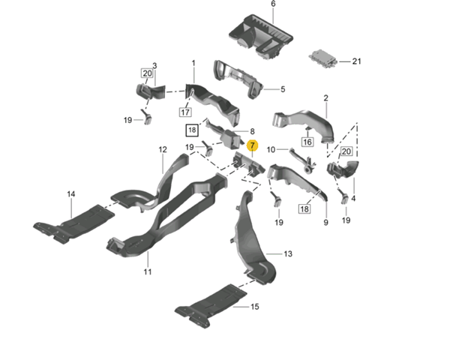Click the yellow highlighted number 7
253,145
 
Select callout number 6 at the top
252,4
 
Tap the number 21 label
357,61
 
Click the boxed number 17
185,112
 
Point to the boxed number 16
307,141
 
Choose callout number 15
254,307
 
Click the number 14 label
71,194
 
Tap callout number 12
161,150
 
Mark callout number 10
271,149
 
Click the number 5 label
283,90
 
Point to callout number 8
253,130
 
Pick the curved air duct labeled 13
251,240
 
